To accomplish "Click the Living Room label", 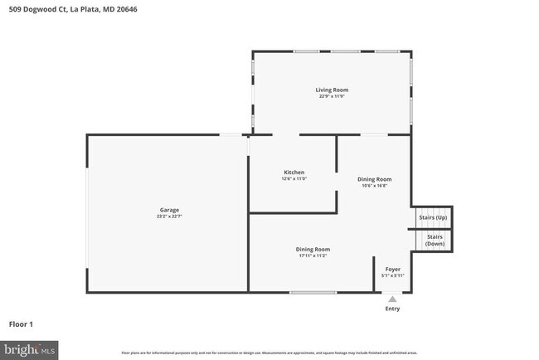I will coord(332,90).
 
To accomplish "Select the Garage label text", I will coord(169,210).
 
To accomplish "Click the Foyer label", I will coord(392,269).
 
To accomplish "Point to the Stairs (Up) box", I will coord(433,217).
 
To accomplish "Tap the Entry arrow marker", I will coord(392,299).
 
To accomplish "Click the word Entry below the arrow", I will coord(392,309).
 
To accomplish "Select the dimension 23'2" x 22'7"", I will coord(169,216).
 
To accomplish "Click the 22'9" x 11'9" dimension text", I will coord(332,96).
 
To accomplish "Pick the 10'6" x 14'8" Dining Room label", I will coord(374,182).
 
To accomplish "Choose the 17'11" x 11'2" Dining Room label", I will coord(313,252).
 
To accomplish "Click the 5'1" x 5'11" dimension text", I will coord(392,275).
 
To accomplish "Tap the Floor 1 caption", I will coord(21,324).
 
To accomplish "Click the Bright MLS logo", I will coord(30,350).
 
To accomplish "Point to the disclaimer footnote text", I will coord(269,353).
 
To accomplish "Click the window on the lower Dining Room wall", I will coord(313,292).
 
